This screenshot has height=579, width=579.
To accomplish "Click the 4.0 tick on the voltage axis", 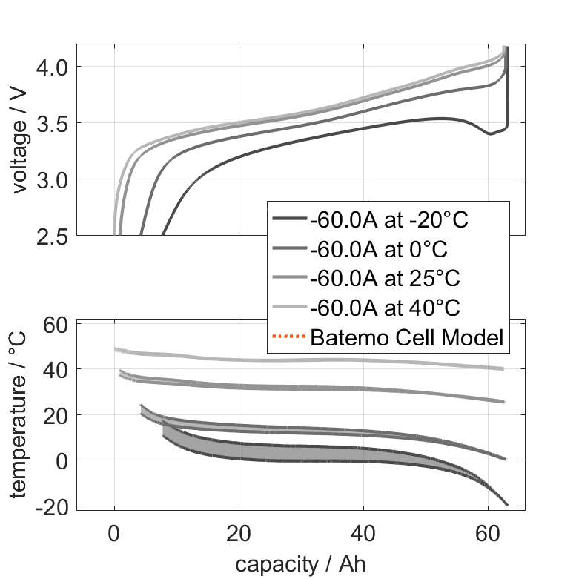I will click(50, 67).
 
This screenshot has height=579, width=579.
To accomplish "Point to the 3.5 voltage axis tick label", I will click(50, 122).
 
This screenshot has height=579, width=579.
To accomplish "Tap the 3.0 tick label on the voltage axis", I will click(50, 179).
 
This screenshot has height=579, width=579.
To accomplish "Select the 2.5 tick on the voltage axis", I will click(50, 236).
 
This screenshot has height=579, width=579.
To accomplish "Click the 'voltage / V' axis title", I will click(19, 141).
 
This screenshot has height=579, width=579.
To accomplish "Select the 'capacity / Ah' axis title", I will click(300, 564).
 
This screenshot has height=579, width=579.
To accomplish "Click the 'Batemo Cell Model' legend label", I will click(407, 338).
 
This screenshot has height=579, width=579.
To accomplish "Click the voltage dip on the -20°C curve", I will click(490, 133).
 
